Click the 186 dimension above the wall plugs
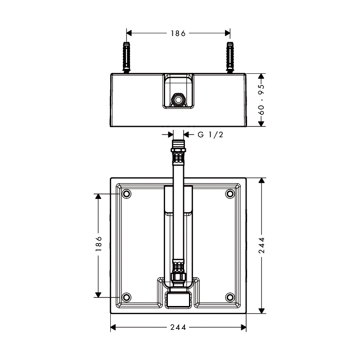coord(178,33)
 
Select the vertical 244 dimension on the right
coord(262,245)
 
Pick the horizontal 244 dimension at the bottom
coord(178,327)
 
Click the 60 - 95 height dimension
coord(261,99)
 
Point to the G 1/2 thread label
coord(210,135)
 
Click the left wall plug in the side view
coord(126,58)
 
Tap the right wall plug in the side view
coord(230,58)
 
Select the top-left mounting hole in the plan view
coord(126,194)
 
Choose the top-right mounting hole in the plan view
coord(230,194)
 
